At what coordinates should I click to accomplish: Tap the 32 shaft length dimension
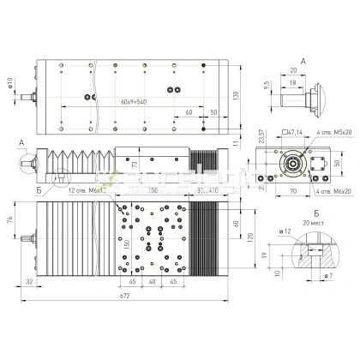(29, 280)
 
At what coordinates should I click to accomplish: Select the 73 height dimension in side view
(134, 163)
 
